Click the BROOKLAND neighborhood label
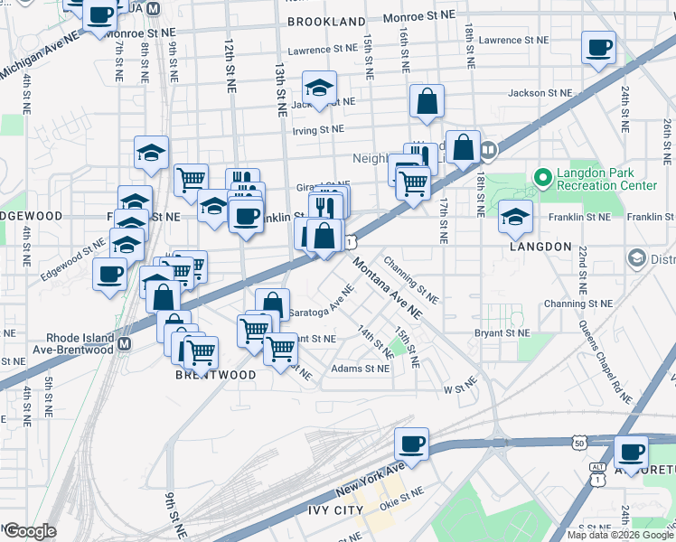(x=326, y=20)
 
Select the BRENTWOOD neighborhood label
(x=215, y=374)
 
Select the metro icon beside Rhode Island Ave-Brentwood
(x=124, y=344)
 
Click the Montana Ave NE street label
(x=388, y=287)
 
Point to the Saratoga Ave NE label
(x=322, y=304)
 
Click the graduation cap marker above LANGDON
(x=515, y=215)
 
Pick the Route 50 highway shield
(x=578, y=442)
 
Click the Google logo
(x=30, y=531)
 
